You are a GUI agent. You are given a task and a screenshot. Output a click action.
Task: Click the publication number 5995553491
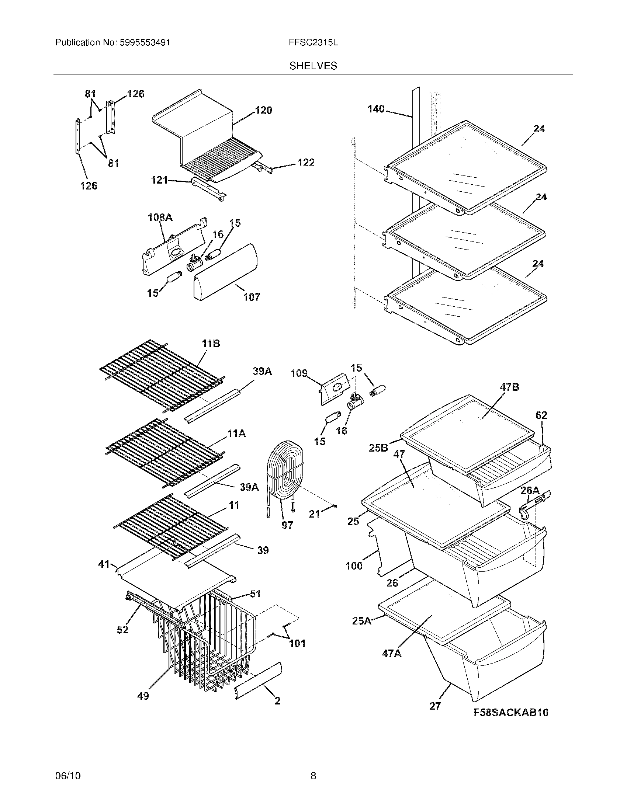click(145, 43)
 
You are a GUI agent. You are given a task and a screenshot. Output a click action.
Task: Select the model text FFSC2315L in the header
click(313, 43)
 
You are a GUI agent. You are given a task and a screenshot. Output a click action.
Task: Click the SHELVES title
click(313, 66)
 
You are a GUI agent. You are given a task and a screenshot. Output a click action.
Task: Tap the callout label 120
click(263, 110)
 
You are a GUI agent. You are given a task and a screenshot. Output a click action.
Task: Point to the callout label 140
click(376, 109)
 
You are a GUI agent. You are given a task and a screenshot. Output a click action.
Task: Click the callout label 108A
click(160, 217)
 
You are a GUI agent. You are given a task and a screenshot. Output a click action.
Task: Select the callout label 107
click(252, 297)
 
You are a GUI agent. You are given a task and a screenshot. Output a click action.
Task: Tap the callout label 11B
click(211, 344)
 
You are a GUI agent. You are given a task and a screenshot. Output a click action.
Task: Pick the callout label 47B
click(509, 387)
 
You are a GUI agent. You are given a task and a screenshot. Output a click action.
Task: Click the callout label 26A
click(530, 490)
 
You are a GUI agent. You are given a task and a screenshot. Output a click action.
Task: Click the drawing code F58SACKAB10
click(511, 713)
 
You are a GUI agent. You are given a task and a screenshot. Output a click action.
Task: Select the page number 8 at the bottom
click(313, 776)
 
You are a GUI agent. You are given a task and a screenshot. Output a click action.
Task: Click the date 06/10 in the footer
click(67, 776)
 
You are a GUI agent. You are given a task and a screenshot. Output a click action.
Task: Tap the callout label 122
click(306, 163)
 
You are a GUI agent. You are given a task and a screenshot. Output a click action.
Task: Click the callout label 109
click(299, 373)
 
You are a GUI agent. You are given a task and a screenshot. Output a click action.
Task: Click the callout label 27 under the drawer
click(435, 706)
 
